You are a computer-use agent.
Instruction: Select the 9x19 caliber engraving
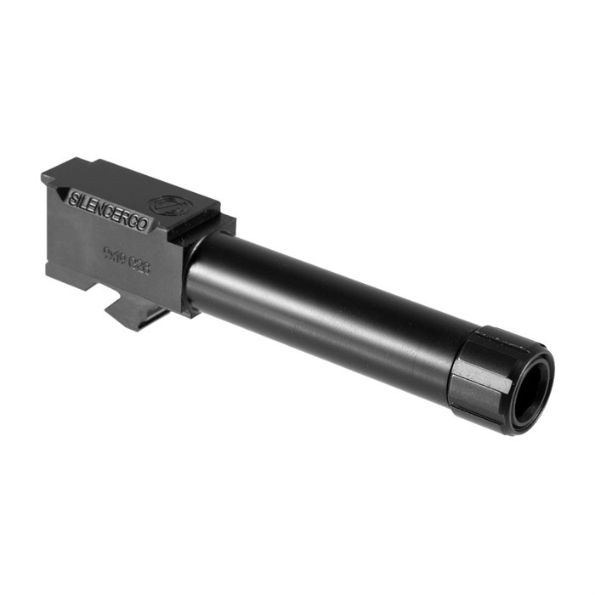coord(116,256)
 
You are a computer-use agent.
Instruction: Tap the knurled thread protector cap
coord(489,374)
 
